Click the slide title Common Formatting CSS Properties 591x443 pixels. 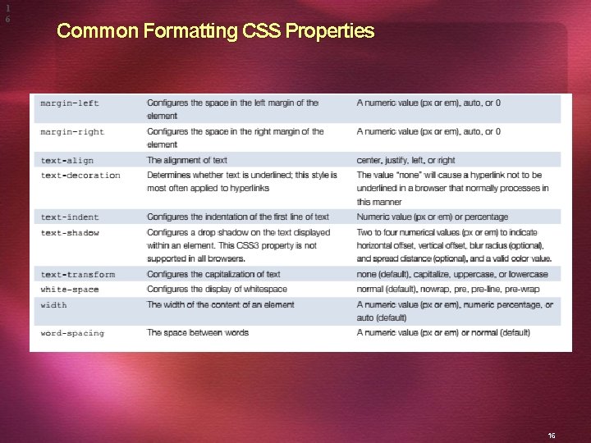215,32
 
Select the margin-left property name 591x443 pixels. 70,103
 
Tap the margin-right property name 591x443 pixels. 72,132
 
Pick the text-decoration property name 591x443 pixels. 80,176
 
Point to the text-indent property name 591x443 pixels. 70,217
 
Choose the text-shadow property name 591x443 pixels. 70,233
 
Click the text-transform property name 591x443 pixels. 78,275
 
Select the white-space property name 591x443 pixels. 70,290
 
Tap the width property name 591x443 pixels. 54,305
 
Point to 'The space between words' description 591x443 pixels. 198,333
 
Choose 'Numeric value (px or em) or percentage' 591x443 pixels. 433,217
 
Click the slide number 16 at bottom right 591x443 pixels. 552,413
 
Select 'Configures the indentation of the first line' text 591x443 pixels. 238,217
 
